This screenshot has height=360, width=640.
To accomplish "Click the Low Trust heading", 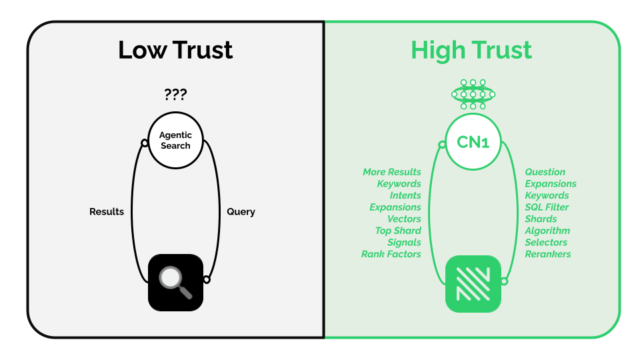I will (175, 50).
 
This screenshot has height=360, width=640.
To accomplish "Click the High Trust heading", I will (471, 50).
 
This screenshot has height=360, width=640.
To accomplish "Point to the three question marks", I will (175, 95).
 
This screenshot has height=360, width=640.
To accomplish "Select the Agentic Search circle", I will (175, 141).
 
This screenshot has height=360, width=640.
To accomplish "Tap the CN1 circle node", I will (473, 141).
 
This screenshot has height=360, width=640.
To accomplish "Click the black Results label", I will (107, 211).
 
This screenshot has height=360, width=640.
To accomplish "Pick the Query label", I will (241, 211).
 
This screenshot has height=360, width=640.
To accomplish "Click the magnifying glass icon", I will (175, 282).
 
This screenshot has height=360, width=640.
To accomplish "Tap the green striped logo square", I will (473, 283).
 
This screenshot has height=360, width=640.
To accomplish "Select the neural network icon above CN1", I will (473, 95).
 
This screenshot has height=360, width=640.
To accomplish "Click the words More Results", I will (392, 172).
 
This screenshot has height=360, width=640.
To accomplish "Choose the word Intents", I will (405, 195).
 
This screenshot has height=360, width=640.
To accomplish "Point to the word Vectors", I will (404, 219).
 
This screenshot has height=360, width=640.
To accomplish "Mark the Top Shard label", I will (398, 231).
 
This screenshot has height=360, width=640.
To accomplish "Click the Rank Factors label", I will (391, 254).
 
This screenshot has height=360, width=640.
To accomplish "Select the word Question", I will (545, 172).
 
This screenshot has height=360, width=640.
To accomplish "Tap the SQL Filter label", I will (547, 207).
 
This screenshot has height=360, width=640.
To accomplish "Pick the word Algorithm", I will (547, 231).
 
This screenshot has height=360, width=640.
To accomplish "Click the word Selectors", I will (546, 242).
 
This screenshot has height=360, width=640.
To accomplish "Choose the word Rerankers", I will (548, 254).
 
